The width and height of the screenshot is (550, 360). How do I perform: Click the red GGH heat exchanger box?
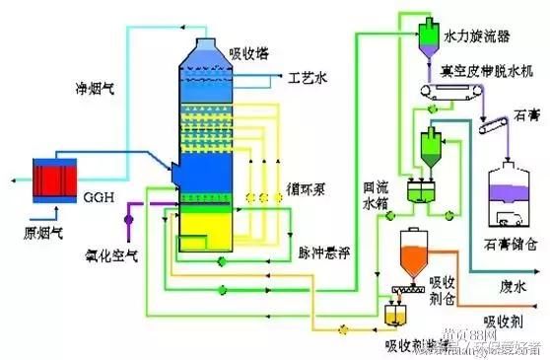coord(50,180)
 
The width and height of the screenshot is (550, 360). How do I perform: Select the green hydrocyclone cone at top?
coord(430,37)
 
